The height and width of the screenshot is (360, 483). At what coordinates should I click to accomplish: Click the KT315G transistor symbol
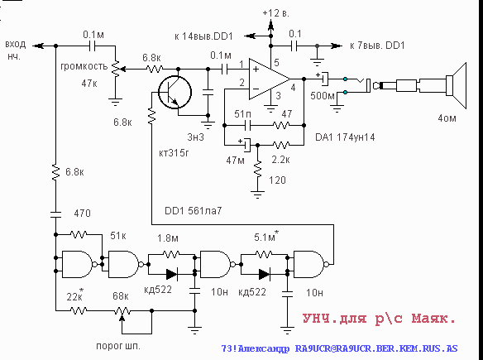[x=175, y=92]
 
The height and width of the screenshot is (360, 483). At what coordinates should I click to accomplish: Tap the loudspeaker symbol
[x=457, y=86]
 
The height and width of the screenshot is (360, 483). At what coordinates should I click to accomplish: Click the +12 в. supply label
[x=276, y=13]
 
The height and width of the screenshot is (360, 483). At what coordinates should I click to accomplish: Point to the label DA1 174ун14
[x=345, y=137]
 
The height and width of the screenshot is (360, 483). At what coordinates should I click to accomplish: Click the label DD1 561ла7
[x=194, y=211]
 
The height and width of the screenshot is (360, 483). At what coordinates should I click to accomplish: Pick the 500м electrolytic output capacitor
[x=324, y=79]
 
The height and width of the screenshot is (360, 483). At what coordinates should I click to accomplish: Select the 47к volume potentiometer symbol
[x=116, y=70]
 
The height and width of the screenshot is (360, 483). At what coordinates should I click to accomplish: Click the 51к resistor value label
[x=118, y=236]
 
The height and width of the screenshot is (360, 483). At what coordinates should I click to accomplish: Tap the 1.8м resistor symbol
[x=171, y=254]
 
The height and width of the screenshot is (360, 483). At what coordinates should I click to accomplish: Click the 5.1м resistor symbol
[x=264, y=254]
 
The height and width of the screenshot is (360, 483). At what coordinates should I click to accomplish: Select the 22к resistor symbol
[x=79, y=310]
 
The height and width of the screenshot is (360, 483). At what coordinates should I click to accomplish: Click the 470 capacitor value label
[x=82, y=214]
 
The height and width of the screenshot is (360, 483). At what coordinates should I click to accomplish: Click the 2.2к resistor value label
[x=280, y=160]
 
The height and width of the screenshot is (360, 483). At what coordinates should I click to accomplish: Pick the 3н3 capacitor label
[x=196, y=137]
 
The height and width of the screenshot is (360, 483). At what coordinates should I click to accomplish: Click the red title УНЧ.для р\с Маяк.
[x=379, y=319]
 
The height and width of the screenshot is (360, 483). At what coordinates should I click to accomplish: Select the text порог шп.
[x=118, y=346]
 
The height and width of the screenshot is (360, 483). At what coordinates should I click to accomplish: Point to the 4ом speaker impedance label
[x=447, y=118]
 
